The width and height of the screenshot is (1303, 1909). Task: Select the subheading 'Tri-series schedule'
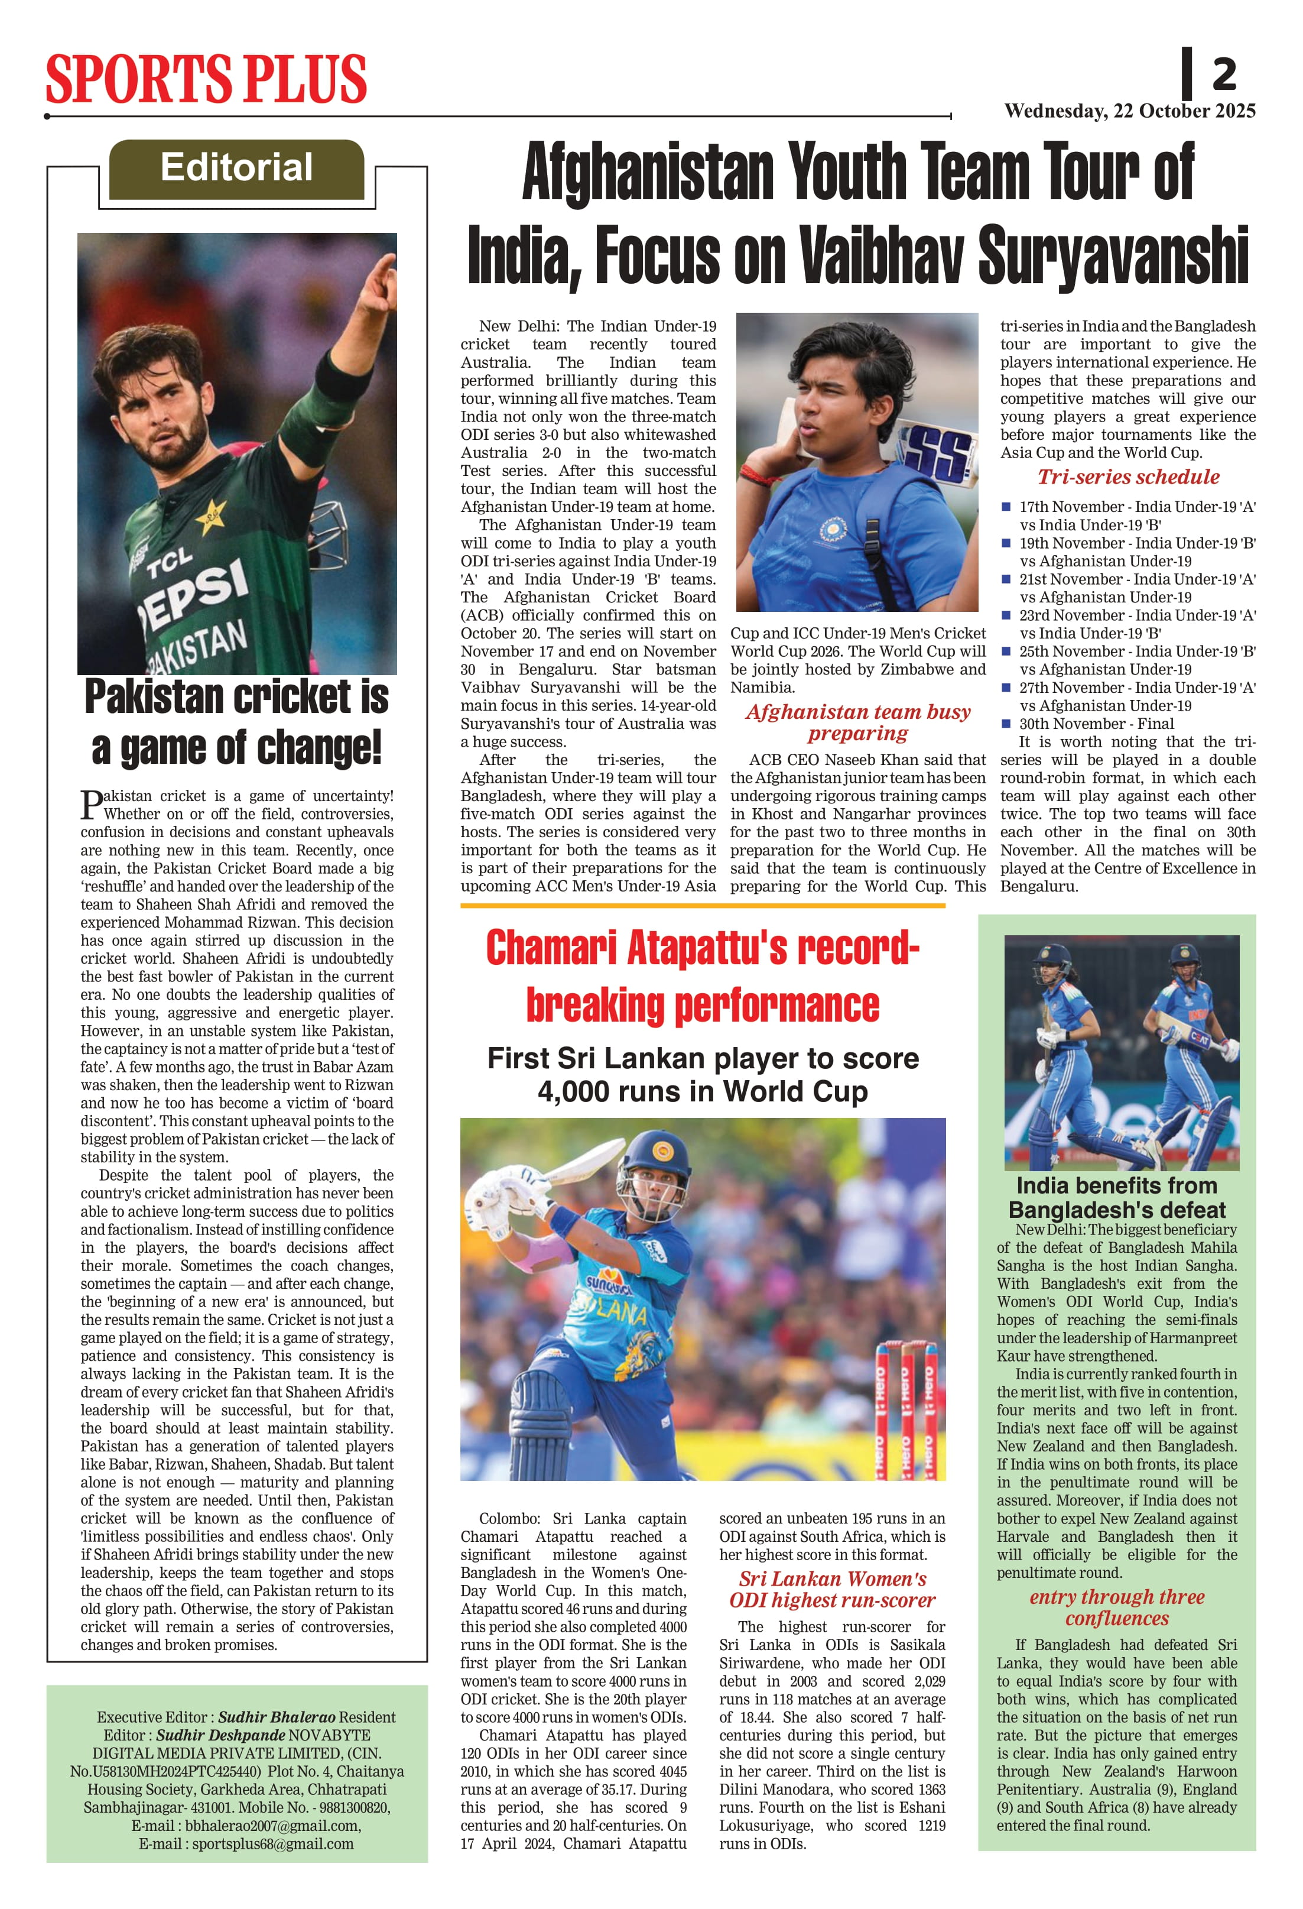[1128, 477]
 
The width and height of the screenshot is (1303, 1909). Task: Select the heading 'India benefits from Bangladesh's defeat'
[1117, 1198]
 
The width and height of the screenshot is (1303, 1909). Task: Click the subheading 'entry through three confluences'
[1117, 1607]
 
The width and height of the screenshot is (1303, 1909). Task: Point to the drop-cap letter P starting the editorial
[90, 804]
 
